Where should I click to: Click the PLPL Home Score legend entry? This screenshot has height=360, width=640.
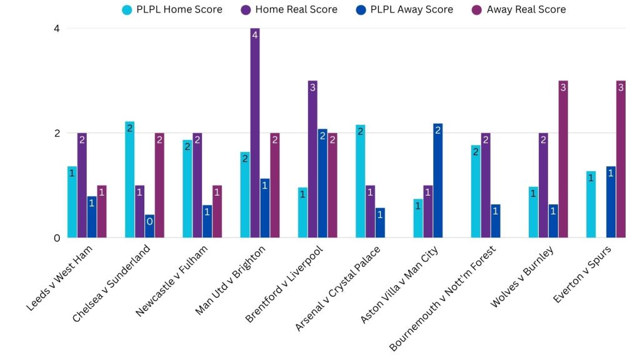coord(172,9)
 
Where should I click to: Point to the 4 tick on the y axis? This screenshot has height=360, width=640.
coord(56,29)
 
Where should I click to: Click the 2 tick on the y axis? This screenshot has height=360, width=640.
coord(56,133)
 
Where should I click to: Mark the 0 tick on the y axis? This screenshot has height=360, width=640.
coord(56,238)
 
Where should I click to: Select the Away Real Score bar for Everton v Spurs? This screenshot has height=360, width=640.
coord(621,159)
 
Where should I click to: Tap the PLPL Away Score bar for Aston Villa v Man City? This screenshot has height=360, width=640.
coord(438,181)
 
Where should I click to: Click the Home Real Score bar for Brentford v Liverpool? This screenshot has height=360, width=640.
coord(312,159)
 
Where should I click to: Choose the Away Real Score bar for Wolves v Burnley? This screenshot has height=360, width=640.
coord(563,159)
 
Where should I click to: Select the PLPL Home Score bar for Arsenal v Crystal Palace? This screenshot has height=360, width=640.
coord(360,181)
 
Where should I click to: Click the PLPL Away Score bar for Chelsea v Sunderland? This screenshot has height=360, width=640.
coord(150,226)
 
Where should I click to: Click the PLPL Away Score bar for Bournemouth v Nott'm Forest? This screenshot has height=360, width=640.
coord(496,221)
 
